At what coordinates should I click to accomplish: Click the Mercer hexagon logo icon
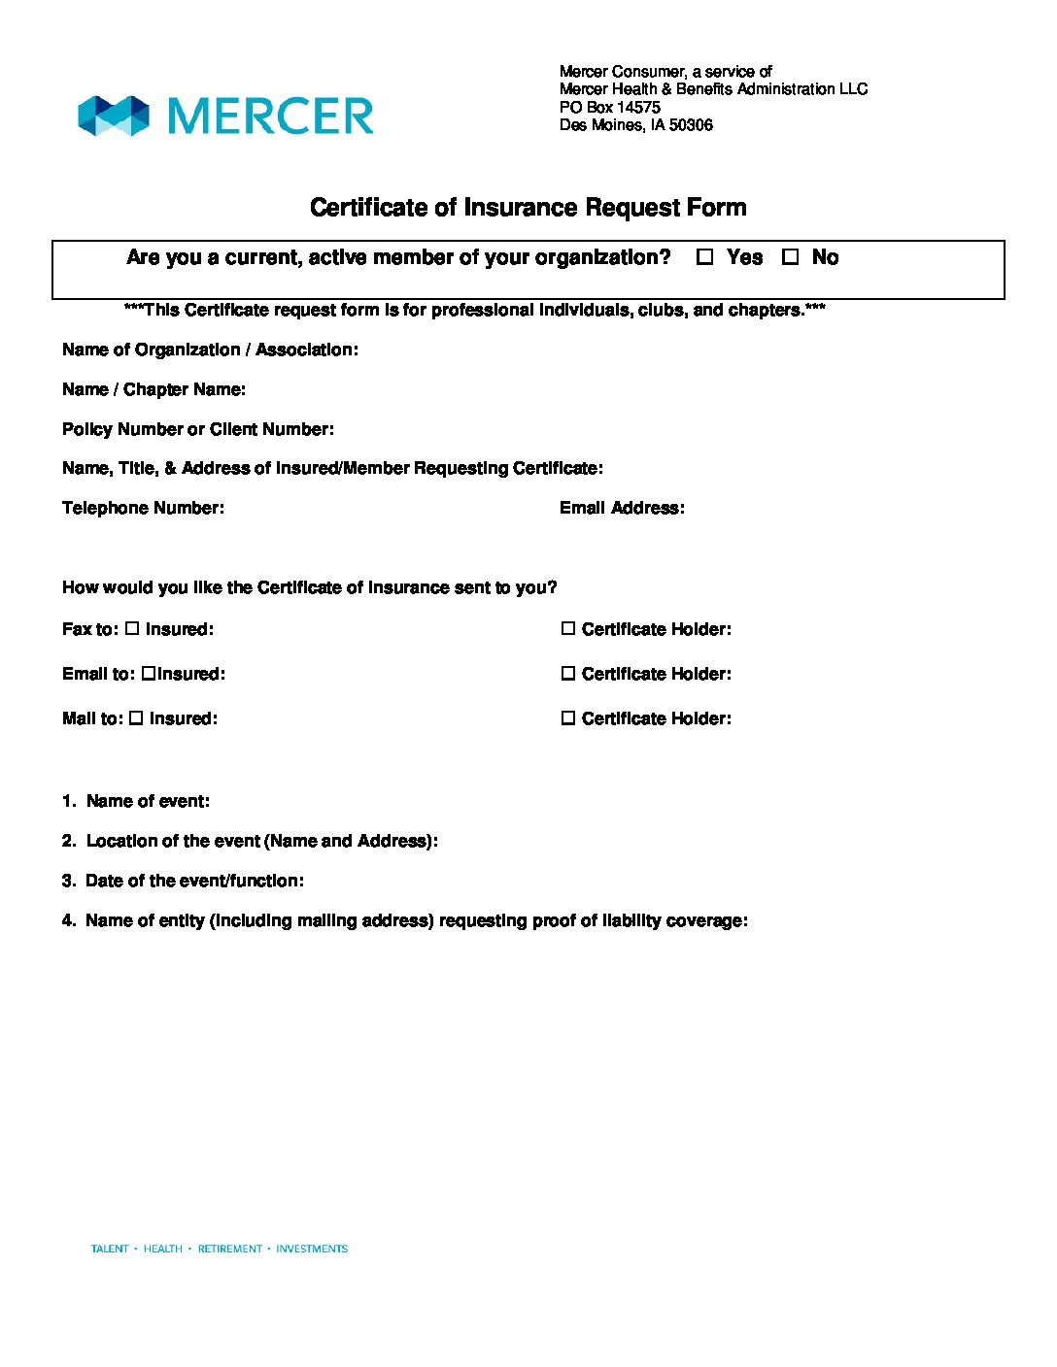click(114, 116)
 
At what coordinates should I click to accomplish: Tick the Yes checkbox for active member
click(705, 257)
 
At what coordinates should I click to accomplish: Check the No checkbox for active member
click(791, 257)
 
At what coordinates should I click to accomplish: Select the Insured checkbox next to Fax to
click(132, 629)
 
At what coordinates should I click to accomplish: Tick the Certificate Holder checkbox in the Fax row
click(568, 629)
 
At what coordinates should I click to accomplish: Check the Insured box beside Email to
click(148, 673)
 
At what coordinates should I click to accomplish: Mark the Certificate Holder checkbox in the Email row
click(568, 674)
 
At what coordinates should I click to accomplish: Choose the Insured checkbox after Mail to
click(136, 718)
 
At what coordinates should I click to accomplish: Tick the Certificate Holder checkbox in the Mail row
click(568, 718)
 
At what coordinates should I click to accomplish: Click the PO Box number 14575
click(638, 107)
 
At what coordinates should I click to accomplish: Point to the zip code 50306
click(691, 125)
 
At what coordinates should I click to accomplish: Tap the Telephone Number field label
click(143, 508)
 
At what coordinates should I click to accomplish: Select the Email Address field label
click(622, 508)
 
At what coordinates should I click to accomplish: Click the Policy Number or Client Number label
click(198, 429)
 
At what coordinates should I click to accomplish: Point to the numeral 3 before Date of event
click(67, 881)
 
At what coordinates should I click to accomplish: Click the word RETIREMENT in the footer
click(229, 1249)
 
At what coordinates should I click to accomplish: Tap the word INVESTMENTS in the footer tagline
click(312, 1249)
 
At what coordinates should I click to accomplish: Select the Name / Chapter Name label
click(153, 389)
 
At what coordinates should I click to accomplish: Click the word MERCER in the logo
click(270, 117)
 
